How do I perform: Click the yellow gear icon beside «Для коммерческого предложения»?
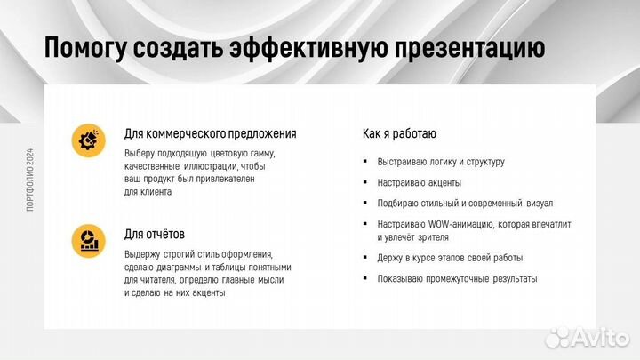(88, 140)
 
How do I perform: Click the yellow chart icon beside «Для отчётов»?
(88, 241)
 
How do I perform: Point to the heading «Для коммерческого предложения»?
(211, 134)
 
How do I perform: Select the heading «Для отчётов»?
(155, 235)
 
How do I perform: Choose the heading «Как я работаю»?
(399, 134)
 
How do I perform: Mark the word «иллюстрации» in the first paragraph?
(210, 166)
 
